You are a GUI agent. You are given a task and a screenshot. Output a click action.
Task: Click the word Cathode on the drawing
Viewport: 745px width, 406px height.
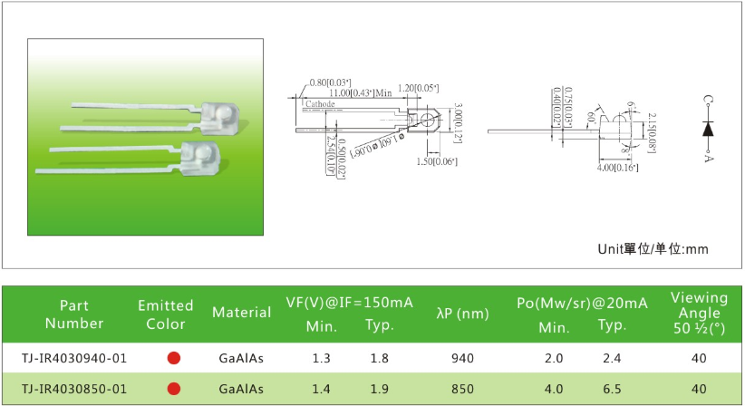click(x=320, y=105)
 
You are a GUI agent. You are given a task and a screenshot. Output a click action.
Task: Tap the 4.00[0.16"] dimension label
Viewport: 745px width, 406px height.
click(x=618, y=168)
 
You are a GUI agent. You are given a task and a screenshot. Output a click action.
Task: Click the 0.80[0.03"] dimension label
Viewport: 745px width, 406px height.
click(x=331, y=83)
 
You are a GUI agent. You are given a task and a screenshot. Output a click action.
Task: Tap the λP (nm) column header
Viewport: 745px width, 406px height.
click(x=463, y=314)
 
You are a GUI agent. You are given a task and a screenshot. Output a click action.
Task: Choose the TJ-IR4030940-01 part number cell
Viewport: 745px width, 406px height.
click(x=74, y=358)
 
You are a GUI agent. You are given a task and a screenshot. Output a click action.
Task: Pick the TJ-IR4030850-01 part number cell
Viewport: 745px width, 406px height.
click(x=74, y=389)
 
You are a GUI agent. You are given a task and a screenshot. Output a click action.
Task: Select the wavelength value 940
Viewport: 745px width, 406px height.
click(x=462, y=358)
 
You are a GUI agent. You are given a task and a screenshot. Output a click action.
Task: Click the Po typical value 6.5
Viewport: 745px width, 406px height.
click(x=612, y=389)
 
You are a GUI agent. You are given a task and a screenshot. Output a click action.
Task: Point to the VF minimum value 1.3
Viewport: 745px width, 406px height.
click(x=321, y=358)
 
